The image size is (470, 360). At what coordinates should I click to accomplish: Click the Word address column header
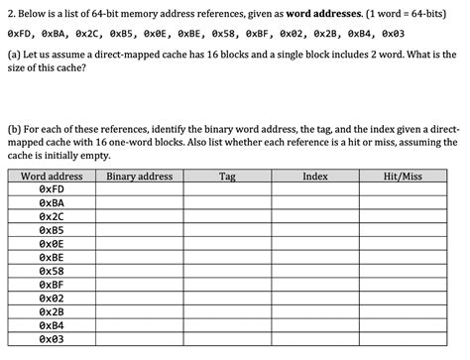click(x=52, y=176)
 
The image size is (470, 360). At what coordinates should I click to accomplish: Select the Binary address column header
click(x=140, y=176)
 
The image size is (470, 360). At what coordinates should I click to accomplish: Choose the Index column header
click(x=315, y=176)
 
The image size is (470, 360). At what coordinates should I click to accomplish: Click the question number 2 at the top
click(x=9, y=15)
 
